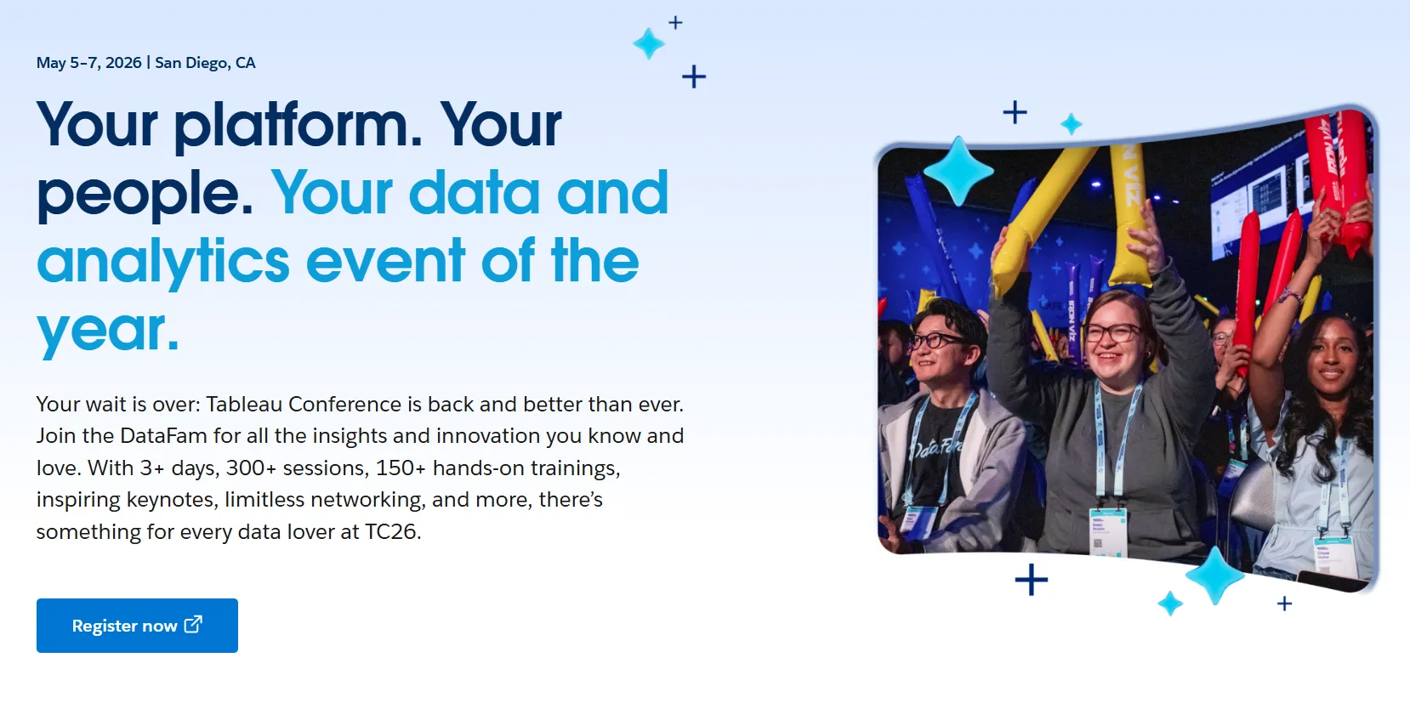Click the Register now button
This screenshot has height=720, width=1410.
pyautogui.click(x=137, y=625)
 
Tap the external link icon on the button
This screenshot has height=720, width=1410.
pyautogui.click(x=193, y=624)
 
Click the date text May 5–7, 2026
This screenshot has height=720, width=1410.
pyautogui.click(x=88, y=63)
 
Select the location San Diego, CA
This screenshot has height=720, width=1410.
pyautogui.click(x=205, y=63)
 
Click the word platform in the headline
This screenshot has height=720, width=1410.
pyautogui.click(x=298, y=126)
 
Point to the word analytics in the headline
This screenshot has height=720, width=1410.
pyautogui.click(x=163, y=262)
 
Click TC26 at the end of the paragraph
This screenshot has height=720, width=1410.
pyautogui.click(x=392, y=532)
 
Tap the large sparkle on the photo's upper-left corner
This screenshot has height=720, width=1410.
pyautogui.click(x=958, y=171)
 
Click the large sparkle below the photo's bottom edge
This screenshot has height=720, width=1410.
pyautogui.click(x=1215, y=575)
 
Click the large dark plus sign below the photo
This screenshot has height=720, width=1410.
pyautogui.click(x=1031, y=580)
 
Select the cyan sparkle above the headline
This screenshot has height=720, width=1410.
pyautogui.click(x=648, y=44)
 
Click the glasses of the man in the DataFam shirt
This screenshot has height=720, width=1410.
pyautogui.click(x=939, y=341)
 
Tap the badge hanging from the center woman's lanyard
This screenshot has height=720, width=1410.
pyautogui.click(x=1107, y=532)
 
